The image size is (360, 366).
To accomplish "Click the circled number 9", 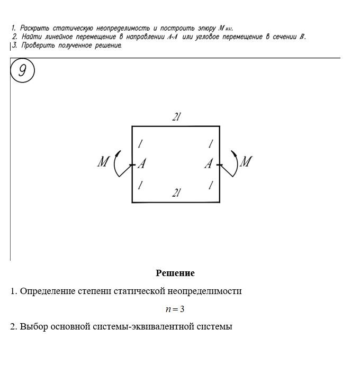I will tap(22, 71).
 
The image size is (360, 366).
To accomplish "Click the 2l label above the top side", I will tap(176, 117).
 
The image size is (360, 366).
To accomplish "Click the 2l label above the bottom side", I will tap(176, 194).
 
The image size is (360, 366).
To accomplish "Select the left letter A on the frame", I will tap(142, 164).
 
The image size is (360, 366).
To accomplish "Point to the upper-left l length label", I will tap(140, 144).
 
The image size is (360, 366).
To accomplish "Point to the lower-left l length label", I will tap(140, 185).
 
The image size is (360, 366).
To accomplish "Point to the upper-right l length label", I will tap(210, 144).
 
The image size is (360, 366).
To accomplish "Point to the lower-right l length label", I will tap(210, 185).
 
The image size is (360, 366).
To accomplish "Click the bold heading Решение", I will tap(175, 273).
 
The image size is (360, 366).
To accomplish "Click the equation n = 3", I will tap(175, 309).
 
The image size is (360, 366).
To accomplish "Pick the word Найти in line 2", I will tap(31, 36).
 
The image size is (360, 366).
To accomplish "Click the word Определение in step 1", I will tap(45, 291).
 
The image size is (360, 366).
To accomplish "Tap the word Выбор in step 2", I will tap(33, 326).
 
